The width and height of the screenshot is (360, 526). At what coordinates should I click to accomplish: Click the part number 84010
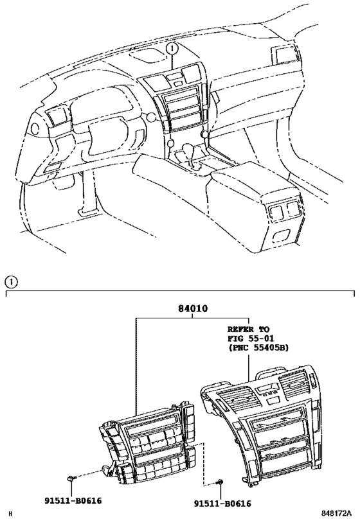coord(193,308)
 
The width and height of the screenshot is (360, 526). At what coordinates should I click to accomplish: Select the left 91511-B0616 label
coord(73,501)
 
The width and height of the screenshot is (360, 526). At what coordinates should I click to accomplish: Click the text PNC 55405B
coord(258,348)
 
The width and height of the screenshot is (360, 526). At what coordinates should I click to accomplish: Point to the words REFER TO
coord(248,329)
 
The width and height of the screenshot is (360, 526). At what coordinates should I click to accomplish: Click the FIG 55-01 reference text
coord(251,338)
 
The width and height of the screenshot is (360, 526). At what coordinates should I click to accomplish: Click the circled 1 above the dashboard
coord(172,49)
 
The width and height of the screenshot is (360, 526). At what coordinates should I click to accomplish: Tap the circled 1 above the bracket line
coord(11,282)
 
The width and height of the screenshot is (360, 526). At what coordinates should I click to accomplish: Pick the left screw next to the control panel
coord(71,478)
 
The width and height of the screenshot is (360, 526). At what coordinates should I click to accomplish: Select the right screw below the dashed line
coord(221,482)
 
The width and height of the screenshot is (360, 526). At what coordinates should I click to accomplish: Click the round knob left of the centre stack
coord(152,118)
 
